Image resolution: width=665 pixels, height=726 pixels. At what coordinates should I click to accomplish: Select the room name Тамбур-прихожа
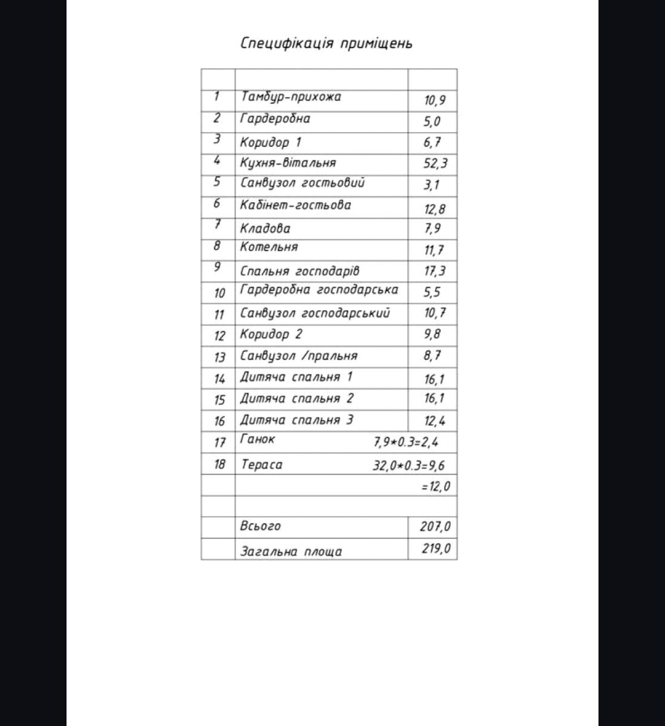click(x=290, y=97)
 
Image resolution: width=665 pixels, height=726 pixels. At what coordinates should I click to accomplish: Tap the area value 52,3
click(x=435, y=164)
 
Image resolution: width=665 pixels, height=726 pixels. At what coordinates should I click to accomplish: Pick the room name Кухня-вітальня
click(x=287, y=163)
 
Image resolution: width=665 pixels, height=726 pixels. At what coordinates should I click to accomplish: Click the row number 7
click(x=217, y=225)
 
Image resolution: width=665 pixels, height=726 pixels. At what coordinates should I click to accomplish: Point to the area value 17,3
click(x=434, y=271)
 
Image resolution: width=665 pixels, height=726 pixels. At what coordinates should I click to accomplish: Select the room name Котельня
click(x=269, y=247)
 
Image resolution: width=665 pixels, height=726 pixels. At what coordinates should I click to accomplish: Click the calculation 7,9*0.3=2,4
click(x=405, y=442)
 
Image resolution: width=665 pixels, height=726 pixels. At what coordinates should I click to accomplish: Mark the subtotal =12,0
click(x=436, y=486)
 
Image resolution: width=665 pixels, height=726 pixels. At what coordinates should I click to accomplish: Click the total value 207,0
click(x=435, y=527)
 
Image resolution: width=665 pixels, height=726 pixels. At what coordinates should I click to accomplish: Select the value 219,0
click(x=436, y=550)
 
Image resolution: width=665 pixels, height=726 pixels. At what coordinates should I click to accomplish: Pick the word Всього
click(x=260, y=526)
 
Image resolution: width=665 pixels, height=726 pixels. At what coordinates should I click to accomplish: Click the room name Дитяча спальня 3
click(x=296, y=420)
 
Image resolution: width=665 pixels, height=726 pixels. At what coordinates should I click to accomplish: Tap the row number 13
click(x=219, y=358)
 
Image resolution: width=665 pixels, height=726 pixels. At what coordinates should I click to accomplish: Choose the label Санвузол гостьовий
click(x=302, y=183)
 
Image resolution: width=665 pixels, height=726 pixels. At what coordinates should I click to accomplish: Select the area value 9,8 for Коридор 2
click(x=432, y=335)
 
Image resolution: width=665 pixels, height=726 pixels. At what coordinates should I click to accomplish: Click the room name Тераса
click(x=261, y=465)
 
